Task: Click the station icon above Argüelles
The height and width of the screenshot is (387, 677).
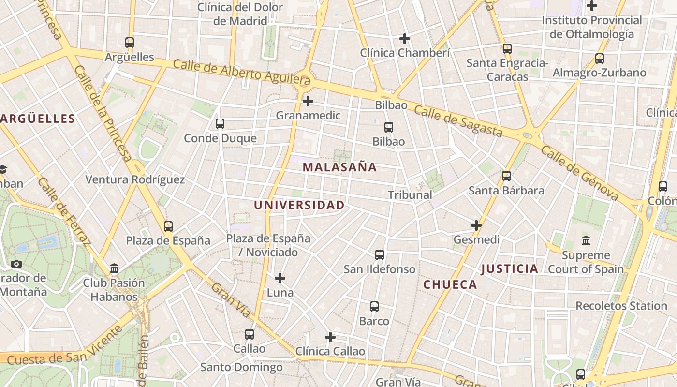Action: (129, 43)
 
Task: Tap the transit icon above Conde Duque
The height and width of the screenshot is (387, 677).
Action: (220, 124)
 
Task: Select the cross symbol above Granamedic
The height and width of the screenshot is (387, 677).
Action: (308, 101)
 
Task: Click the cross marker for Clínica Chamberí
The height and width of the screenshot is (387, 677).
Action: (405, 39)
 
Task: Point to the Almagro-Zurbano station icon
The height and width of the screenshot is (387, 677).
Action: (600, 59)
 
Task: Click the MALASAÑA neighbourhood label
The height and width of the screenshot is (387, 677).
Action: (339, 167)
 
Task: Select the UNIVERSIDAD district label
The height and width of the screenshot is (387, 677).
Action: (299, 205)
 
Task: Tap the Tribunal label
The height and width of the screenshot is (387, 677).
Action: (410, 195)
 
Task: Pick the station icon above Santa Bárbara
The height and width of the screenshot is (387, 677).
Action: (506, 176)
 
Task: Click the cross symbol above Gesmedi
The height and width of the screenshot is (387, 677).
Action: (476, 225)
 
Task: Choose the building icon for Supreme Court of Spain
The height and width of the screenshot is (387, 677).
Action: (586, 240)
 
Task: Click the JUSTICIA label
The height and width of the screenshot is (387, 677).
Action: (510, 269)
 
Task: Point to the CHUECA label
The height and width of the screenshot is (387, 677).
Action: (450, 285)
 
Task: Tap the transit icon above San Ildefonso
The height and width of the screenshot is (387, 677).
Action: (380, 255)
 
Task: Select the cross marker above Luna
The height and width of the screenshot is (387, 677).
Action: (280, 278)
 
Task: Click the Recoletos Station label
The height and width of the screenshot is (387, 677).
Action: (621, 306)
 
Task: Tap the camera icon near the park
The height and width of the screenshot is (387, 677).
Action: (16, 264)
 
